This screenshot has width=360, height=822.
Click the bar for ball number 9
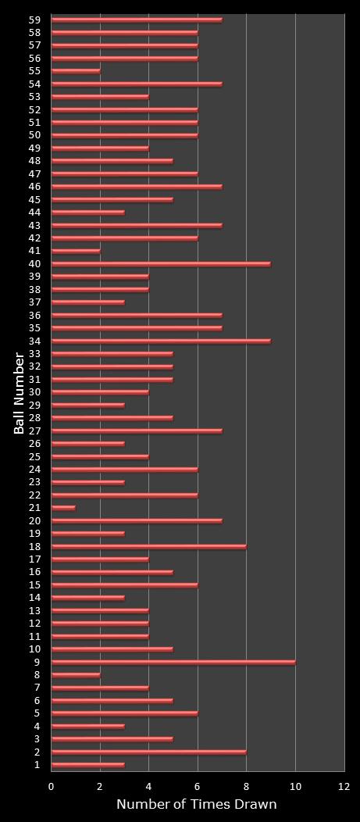(x=173, y=662)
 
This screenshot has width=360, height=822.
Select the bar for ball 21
(x=63, y=508)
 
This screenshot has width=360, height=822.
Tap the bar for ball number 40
(x=161, y=264)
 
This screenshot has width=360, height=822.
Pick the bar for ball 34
(x=161, y=341)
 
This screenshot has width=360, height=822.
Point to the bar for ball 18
(x=148, y=546)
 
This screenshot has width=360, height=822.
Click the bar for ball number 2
(x=148, y=752)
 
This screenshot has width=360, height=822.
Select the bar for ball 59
(x=137, y=20)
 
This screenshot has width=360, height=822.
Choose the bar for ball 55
(x=76, y=71)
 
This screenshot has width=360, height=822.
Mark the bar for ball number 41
(x=76, y=251)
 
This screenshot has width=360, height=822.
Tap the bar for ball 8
(x=76, y=675)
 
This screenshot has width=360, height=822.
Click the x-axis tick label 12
(x=344, y=787)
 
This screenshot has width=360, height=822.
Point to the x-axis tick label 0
(x=52, y=787)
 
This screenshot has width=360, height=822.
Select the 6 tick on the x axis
(x=198, y=787)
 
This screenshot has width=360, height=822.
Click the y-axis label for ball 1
(x=37, y=765)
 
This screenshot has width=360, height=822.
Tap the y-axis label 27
(x=34, y=431)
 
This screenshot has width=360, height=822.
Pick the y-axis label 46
(x=34, y=187)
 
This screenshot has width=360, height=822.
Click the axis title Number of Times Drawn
(x=197, y=805)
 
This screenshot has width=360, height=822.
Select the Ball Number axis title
(x=20, y=393)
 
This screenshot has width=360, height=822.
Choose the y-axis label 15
(x=34, y=585)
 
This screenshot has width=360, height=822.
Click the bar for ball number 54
(x=137, y=84)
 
